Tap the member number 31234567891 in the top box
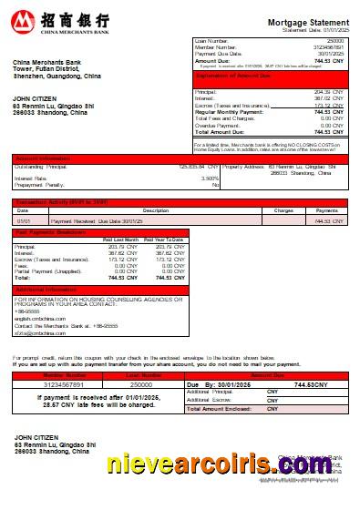click(329, 47)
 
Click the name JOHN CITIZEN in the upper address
click(33, 97)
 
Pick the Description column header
click(156, 210)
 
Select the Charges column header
click(283, 210)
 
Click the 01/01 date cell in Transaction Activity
click(24, 220)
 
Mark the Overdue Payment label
click(218, 126)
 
